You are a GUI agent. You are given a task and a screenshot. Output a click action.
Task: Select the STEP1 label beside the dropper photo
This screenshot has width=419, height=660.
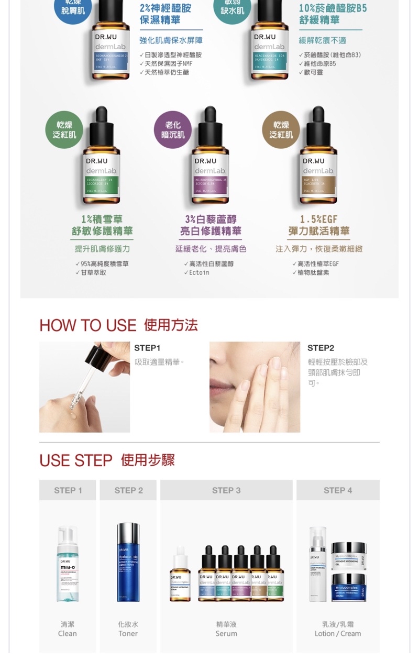147,348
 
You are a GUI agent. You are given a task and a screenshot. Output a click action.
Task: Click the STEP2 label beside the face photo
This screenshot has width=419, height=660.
321,348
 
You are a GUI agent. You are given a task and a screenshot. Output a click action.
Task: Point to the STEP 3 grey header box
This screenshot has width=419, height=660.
226,490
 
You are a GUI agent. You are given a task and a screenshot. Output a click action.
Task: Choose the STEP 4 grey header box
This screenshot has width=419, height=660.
338,490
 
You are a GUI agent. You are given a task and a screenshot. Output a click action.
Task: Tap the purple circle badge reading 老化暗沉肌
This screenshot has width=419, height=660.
173,130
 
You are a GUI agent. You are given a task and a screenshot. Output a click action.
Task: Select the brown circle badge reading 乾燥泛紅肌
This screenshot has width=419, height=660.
281,130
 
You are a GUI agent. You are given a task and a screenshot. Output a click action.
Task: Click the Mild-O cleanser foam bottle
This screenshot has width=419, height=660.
68,566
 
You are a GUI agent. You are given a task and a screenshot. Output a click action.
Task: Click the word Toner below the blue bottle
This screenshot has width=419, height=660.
128,633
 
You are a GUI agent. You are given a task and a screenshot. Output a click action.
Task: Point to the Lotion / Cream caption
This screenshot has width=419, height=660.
338,633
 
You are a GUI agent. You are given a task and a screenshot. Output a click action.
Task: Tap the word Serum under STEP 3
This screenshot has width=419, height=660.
226,633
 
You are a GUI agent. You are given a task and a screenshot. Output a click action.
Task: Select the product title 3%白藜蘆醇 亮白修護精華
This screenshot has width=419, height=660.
210,225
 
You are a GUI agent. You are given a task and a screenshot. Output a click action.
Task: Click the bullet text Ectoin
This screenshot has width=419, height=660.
200,273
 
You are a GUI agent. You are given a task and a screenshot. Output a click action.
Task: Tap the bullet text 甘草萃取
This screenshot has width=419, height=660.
93,273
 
